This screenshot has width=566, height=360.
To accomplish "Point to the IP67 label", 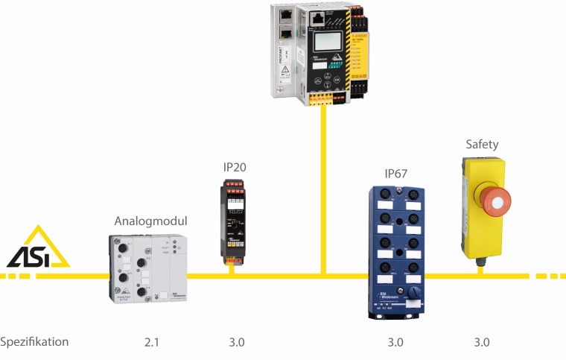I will tap(396, 174).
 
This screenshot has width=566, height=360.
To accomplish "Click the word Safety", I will tap(482, 145).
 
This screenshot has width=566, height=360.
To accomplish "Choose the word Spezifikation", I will tap(35, 342).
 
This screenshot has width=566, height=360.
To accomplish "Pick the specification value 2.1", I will tap(153, 343).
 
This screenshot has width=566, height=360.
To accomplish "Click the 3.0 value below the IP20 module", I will tap(237, 343).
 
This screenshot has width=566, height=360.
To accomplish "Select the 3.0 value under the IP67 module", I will tap(395, 343).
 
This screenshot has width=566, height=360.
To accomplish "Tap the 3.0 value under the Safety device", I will tap(483, 343).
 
